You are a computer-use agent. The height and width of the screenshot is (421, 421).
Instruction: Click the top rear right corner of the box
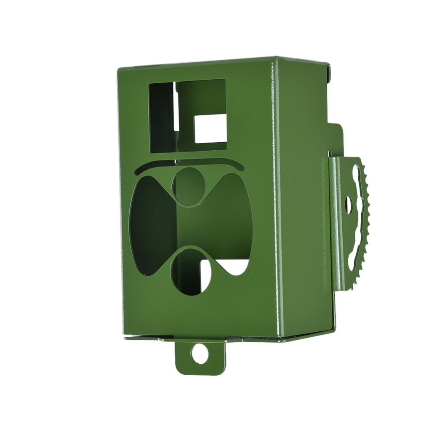[x=328, y=65]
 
